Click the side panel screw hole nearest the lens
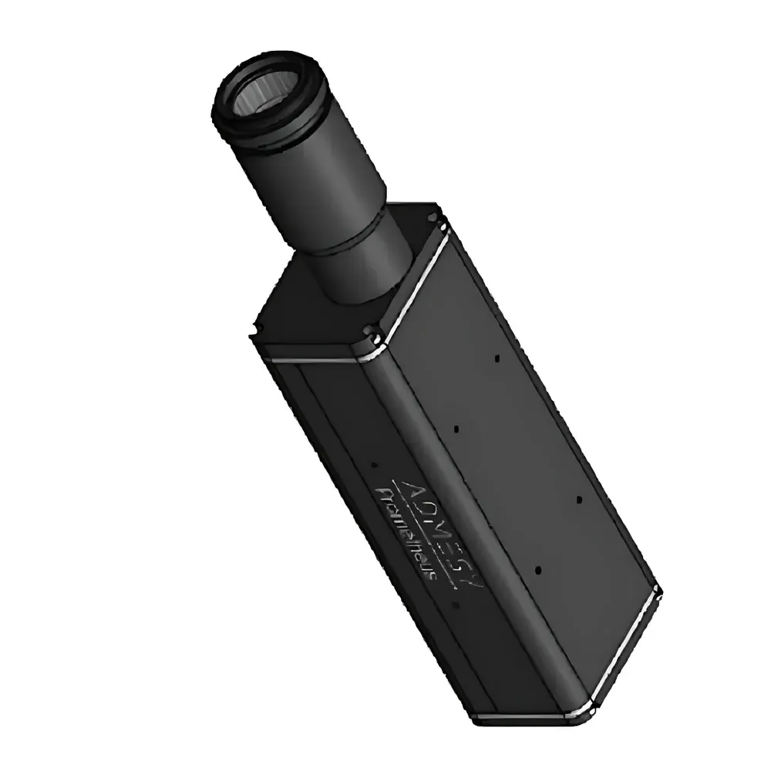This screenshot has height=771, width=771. point(497,358)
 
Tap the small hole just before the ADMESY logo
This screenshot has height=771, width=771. point(372,464)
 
